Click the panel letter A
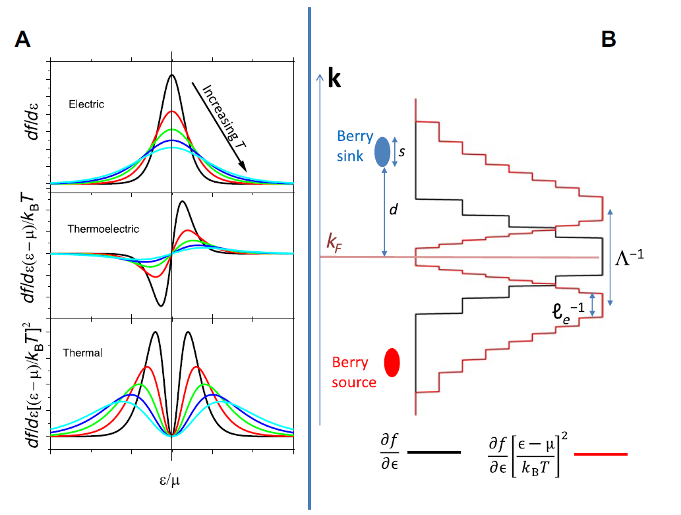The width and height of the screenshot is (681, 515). click(22, 40)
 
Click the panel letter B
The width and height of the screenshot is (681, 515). click(608, 40)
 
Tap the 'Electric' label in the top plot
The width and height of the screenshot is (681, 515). click(86, 104)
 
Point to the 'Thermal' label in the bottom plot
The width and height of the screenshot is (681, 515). click(82, 353)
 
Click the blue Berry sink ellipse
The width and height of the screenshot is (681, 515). click(382, 151)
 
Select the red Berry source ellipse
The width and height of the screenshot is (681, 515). click(392, 362)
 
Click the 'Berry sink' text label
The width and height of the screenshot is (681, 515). click(354, 146)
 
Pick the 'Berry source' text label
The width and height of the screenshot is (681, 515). click(354, 372)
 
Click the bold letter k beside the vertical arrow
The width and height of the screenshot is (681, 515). click(334, 80)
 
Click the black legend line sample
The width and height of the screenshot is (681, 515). click(434, 453)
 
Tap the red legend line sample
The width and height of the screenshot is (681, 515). click(600, 454)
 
